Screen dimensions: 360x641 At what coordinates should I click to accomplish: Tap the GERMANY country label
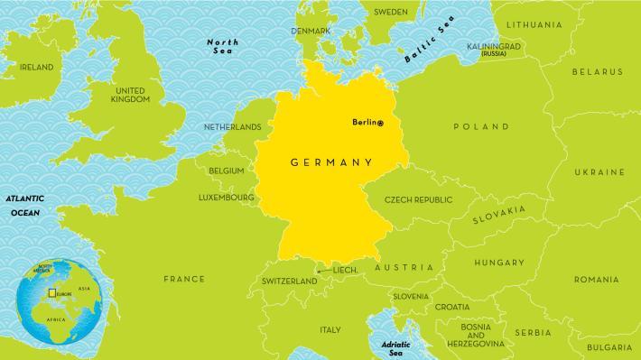click(331, 163)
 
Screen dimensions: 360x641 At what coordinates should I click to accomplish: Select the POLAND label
click(483, 127)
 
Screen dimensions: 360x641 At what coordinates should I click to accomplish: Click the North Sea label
click(222, 47)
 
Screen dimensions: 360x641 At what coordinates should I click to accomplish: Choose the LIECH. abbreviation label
click(347, 270)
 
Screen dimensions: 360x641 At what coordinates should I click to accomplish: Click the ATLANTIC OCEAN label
click(25, 204)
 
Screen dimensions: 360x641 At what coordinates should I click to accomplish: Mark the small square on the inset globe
click(53, 293)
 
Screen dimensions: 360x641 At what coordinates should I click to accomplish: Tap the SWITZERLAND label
click(289, 282)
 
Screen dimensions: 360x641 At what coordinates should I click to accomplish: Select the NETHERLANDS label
click(232, 127)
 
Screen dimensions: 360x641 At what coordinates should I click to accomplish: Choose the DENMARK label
click(311, 31)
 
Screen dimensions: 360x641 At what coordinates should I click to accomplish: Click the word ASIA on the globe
click(85, 289)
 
